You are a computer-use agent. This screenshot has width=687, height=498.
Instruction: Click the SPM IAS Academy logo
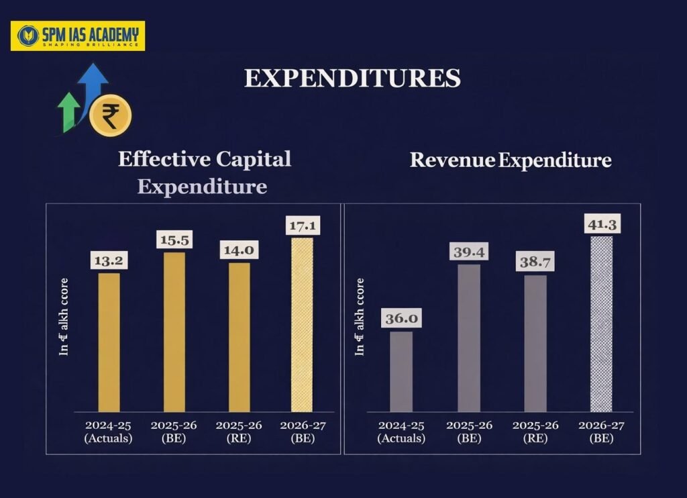pyautogui.click(x=77, y=36)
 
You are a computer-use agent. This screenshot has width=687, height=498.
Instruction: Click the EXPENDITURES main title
pyautogui.click(x=352, y=79)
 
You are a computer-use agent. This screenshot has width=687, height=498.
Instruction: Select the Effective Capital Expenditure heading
pyautogui.click(x=204, y=172)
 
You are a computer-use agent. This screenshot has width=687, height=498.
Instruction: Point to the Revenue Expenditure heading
pyautogui.click(x=511, y=160)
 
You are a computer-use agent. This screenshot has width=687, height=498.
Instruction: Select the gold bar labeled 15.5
pyautogui.click(x=174, y=332)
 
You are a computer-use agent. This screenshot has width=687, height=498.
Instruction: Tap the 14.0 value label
pyautogui.click(x=239, y=250)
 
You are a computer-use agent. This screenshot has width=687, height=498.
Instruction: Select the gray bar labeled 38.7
pyautogui.click(x=535, y=343)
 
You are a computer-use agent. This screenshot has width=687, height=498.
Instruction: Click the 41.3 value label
pyautogui.click(x=601, y=223)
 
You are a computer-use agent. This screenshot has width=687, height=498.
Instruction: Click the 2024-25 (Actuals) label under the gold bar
pyautogui.click(x=109, y=432)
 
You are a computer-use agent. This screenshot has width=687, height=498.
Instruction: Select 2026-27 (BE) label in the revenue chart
pyautogui.click(x=601, y=432)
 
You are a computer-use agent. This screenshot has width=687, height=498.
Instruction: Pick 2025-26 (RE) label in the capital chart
pyautogui.click(x=239, y=432)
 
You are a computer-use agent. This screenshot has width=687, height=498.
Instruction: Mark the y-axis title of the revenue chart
pyautogui.click(x=360, y=316)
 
